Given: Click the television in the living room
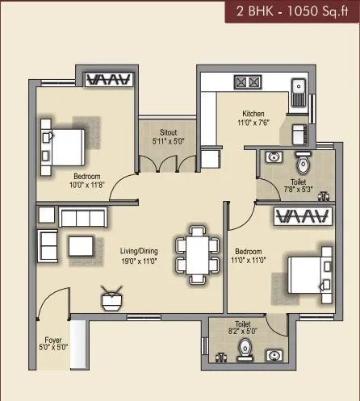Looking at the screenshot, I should tap(111, 298).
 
